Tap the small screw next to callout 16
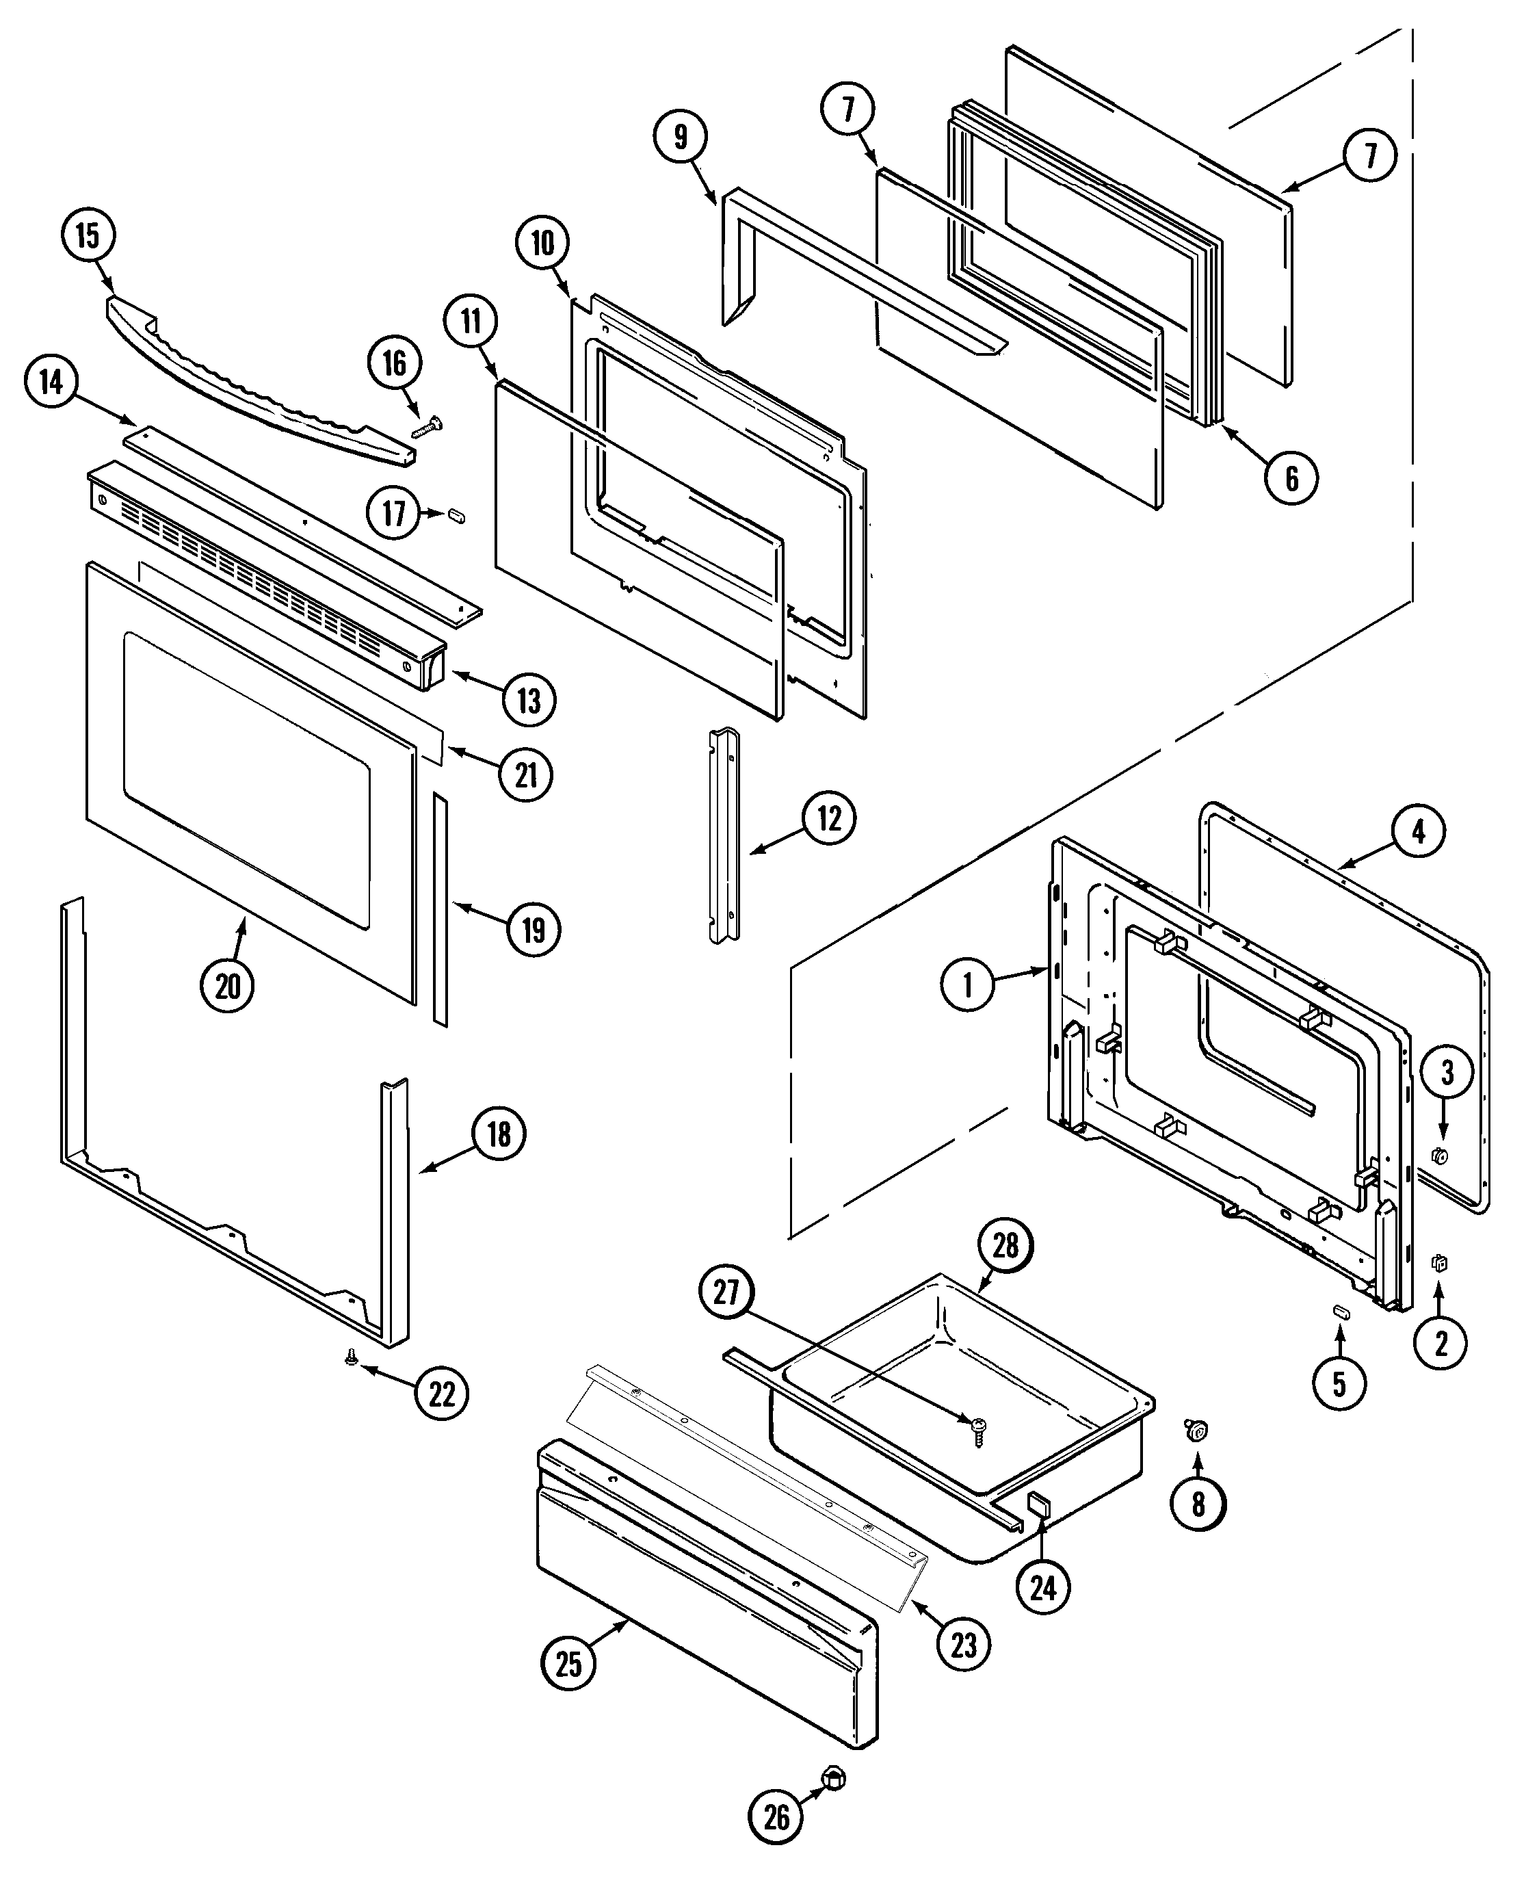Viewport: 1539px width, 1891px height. pos(428,428)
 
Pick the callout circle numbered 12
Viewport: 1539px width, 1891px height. pos(829,818)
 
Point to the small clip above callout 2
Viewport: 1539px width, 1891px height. pos(1440,1262)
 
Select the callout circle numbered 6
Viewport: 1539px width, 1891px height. pos(1291,479)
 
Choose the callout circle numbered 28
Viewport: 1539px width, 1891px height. pos(1005,1246)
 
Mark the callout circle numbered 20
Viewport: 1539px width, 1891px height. pos(228,986)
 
